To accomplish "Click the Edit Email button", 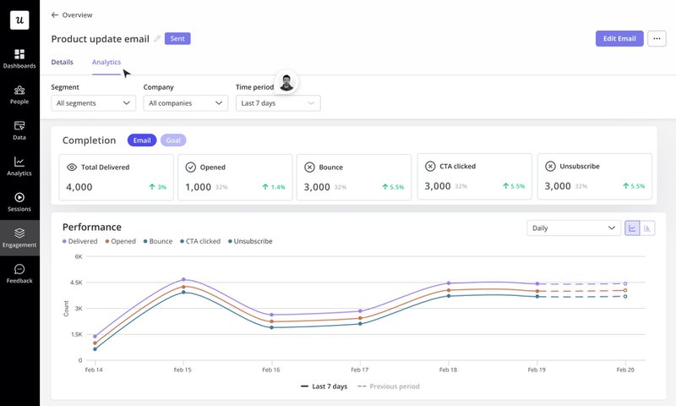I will pyautogui.click(x=619, y=39).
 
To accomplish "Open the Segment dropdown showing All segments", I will pyautogui.click(x=93, y=103).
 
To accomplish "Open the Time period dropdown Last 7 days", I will pyautogui.click(x=277, y=103).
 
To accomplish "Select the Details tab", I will pyautogui.click(x=62, y=62).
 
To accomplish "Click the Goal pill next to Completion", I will pyautogui.click(x=173, y=140).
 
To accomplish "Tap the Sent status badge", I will pyautogui.click(x=177, y=39).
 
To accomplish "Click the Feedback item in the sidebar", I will pyautogui.click(x=19, y=273).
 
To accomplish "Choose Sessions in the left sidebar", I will pyautogui.click(x=19, y=201).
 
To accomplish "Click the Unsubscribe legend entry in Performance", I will pyautogui.click(x=251, y=241).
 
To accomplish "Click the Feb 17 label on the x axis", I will pyautogui.click(x=359, y=370).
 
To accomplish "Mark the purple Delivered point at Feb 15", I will pyautogui.click(x=183, y=279).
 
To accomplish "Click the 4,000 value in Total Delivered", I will pyautogui.click(x=79, y=186).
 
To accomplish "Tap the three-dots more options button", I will pyautogui.click(x=657, y=39).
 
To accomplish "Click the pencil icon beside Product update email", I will pyautogui.click(x=157, y=39).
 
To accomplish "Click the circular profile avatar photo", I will pyautogui.click(x=288, y=82).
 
